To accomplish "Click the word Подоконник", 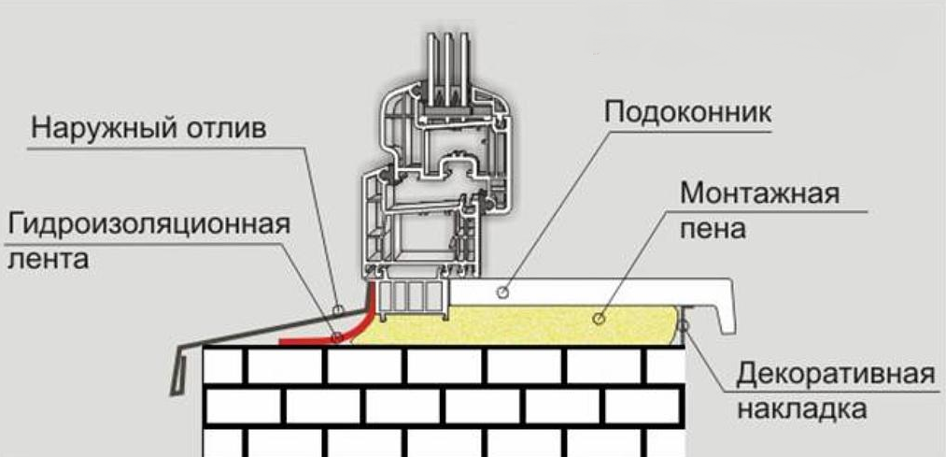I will point(686,114).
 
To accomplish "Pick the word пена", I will point(713,229).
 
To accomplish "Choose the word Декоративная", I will point(836,375).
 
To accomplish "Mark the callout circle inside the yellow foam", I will point(598,318).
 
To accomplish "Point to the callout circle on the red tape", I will point(336,337).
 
